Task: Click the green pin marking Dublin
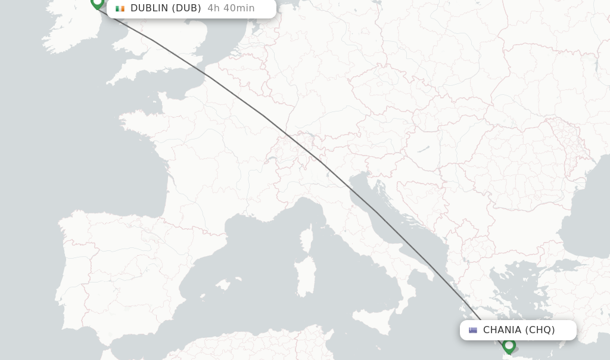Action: pyautogui.click(x=97, y=2)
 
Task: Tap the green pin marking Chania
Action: pyautogui.click(x=509, y=345)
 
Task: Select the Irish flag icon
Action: pyautogui.click(x=120, y=8)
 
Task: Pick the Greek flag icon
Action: pyautogui.click(x=473, y=330)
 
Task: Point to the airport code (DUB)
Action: pyautogui.click(x=186, y=8)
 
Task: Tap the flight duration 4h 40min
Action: pyautogui.click(x=231, y=8)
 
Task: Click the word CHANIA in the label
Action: pyautogui.click(x=502, y=330)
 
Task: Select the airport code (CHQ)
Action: pyautogui.click(x=540, y=330)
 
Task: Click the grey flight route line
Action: pyautogui.click(x=262, y=115)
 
